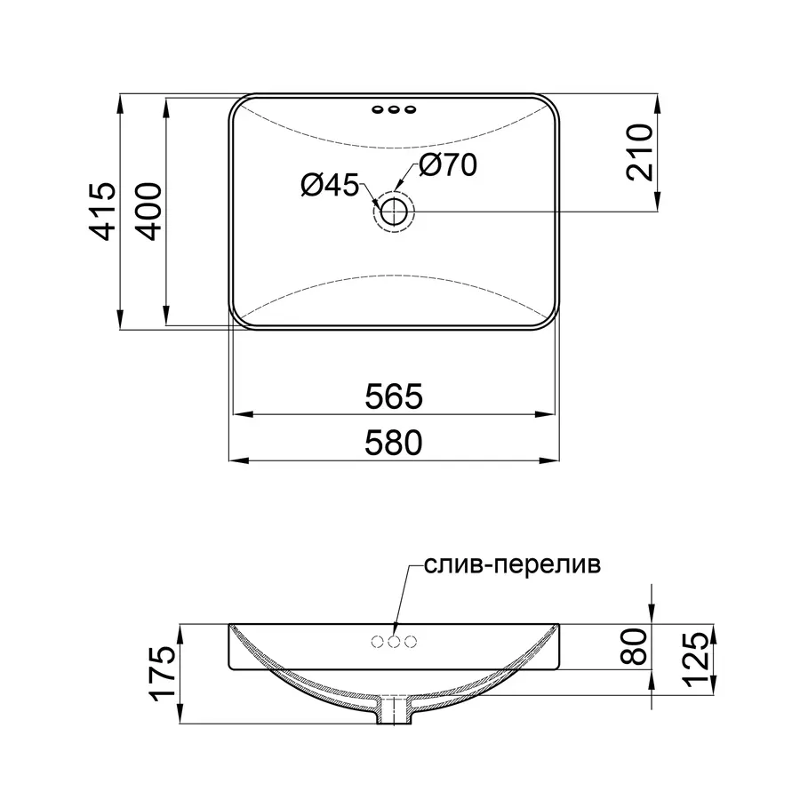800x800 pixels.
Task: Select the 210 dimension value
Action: [639, 152]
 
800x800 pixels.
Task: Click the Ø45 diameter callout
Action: [328, 185]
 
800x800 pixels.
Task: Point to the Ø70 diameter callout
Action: [449, 164]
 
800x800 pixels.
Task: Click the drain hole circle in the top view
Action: [394, 212]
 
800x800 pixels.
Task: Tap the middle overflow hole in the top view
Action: [395, 110]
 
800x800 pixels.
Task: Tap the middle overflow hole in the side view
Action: [395, 642]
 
